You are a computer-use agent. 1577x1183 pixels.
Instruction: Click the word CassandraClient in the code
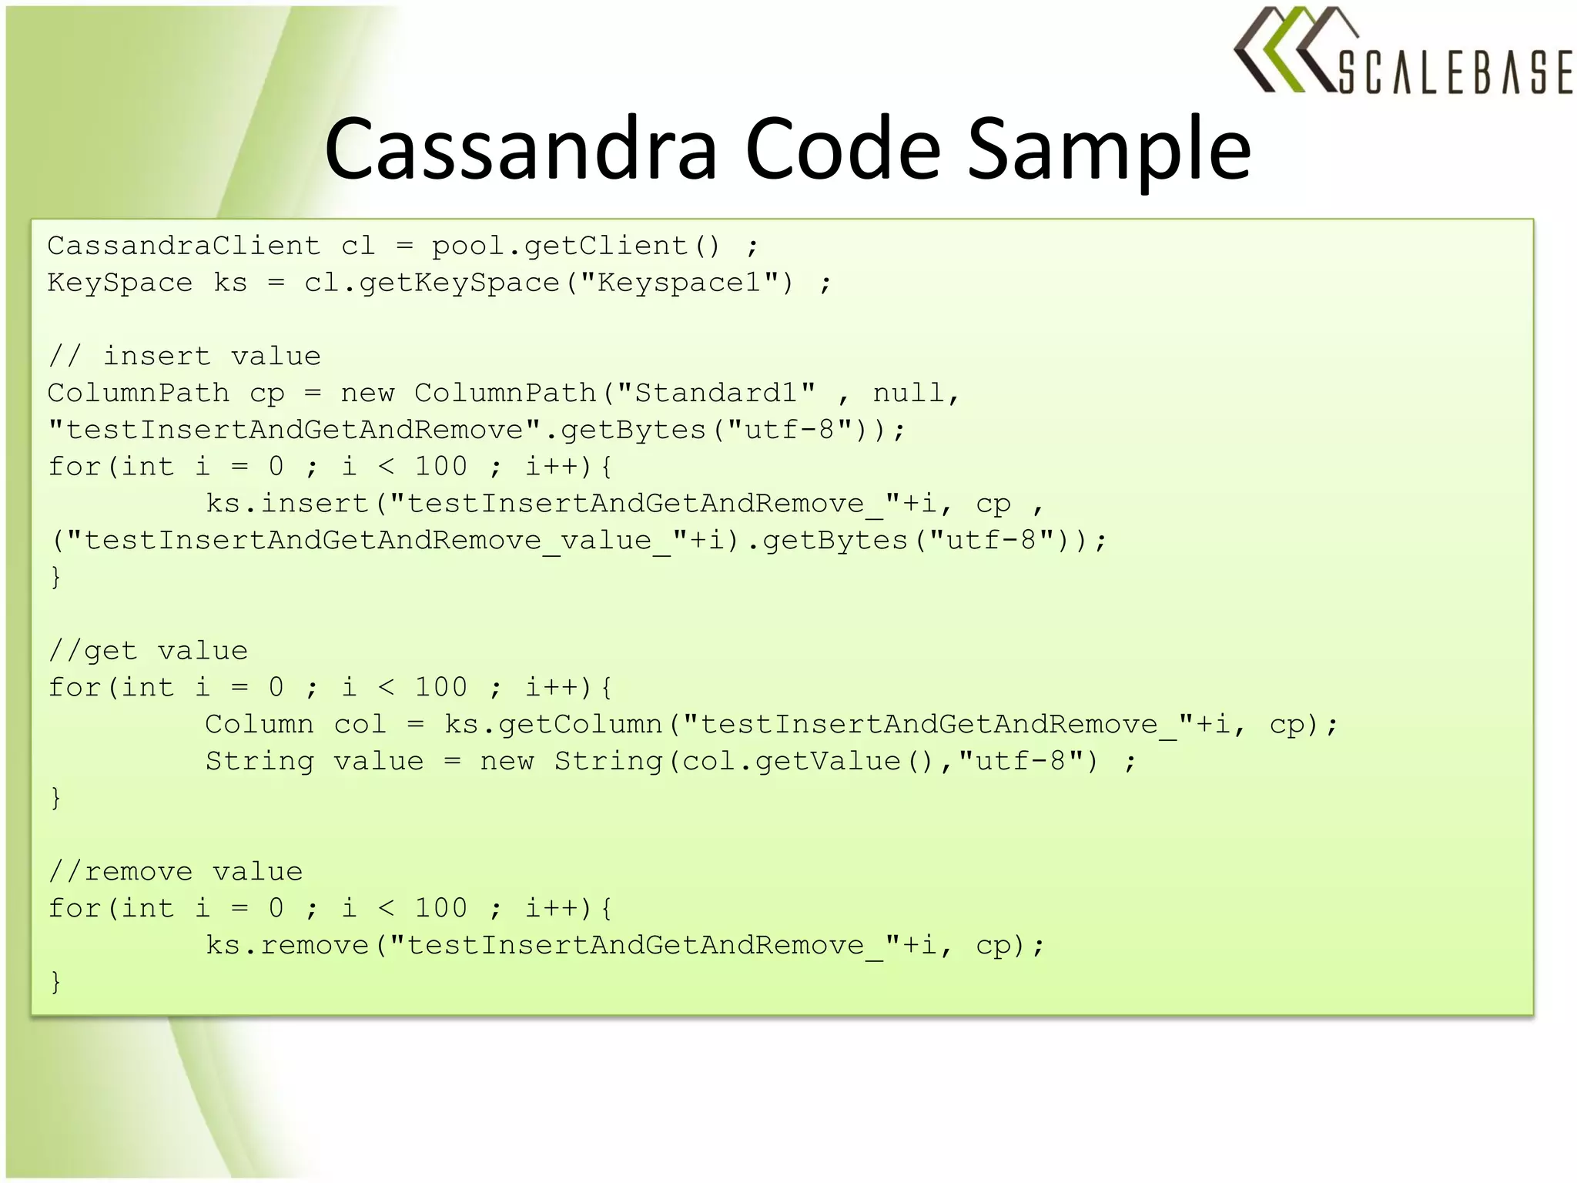tap(184, 246)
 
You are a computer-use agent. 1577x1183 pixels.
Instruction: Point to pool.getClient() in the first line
tap(576, 246)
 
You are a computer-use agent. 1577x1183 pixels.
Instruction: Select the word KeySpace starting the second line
tap(119, 283)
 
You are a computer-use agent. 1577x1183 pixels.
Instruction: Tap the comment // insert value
tap(185, 356)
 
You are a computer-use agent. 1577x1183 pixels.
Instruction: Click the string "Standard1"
tap(716, 393)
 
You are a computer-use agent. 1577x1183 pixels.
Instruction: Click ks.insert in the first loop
tap(287, 504)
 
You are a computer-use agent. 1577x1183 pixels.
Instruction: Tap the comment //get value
tap(149, 651)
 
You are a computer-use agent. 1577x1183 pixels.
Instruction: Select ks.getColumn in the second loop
tap(554, 725)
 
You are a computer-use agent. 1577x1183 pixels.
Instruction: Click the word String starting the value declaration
tap(259, 762)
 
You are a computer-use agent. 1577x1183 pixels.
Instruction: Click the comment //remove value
tap(176, 872)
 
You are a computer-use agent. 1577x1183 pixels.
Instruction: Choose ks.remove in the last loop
tap(287, 945)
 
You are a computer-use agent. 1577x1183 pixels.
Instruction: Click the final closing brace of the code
tap(55, 982)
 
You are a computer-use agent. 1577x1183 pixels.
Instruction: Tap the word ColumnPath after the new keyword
tap(505, 393)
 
